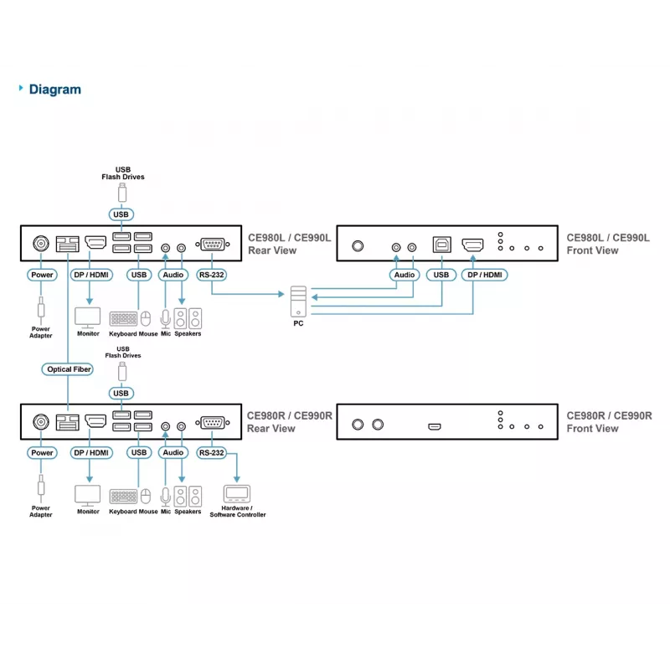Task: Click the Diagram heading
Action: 54,90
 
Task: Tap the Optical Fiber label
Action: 68,369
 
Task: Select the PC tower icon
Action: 298,301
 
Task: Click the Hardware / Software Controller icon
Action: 237,494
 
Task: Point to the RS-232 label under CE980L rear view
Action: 212,275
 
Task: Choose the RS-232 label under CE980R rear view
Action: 212,452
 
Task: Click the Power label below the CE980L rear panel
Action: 42,275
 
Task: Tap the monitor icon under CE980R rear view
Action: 88,496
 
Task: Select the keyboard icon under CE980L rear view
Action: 123,319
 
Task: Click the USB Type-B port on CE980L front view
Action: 442,245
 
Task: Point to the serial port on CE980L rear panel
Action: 213,245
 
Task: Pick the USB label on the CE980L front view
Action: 441,275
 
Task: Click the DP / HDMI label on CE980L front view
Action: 485,275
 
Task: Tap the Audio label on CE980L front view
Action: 405,275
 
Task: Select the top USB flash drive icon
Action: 122,193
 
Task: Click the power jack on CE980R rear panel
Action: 41,422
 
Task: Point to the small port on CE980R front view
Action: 435,426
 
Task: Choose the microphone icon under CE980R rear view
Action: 165,496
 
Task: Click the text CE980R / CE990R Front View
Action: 609,422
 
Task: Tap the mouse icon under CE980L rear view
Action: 146,319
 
